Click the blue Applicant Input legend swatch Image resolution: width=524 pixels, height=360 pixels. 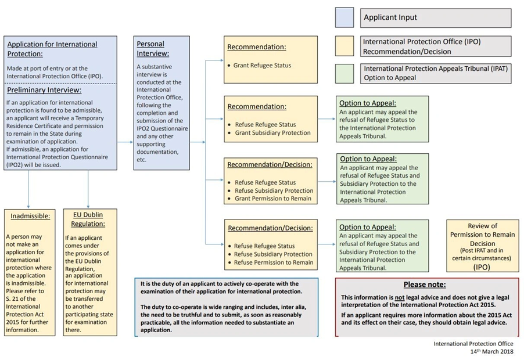344,17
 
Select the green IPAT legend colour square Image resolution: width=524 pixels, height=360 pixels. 344,73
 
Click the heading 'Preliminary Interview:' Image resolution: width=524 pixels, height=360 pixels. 44,90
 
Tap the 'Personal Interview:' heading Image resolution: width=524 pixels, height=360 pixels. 150,48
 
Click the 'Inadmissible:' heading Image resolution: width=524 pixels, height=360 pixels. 30,216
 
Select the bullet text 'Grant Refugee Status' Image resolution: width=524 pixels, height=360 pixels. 262,66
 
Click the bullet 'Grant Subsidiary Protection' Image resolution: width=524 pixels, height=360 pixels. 272,133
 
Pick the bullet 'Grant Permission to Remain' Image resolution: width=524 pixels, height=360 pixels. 272,199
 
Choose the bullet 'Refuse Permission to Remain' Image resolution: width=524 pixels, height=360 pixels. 274,262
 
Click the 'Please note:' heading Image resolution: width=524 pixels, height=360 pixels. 425,285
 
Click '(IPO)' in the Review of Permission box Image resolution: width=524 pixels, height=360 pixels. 482,267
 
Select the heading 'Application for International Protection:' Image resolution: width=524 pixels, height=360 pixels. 52,49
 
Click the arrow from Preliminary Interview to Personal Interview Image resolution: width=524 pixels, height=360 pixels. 124,142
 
